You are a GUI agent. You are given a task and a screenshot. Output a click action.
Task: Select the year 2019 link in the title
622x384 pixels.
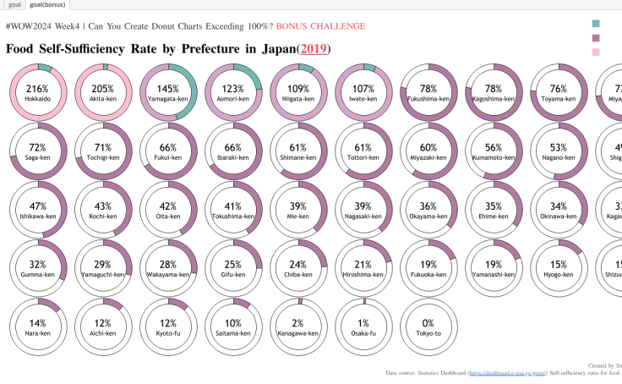(x=314, y=48)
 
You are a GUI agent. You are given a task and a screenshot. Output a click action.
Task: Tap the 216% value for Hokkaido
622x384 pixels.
(x=37, y=88)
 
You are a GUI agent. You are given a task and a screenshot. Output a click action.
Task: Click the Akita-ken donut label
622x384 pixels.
(x=102, y=99)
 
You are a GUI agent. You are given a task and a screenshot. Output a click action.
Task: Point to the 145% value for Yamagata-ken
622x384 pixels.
(x=167, y=88)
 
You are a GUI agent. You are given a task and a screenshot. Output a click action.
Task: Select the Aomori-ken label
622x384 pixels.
(x=232, y=99)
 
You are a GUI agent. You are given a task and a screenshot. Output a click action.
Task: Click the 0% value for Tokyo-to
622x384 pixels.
(x=428, y=323)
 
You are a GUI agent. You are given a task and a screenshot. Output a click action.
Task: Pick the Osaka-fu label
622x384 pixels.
(x=363, y=333)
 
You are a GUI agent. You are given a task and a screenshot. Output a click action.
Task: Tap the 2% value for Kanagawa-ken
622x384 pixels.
(x=297, y=323)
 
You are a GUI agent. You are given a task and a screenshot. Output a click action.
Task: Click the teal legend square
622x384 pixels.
(x=597, y=24)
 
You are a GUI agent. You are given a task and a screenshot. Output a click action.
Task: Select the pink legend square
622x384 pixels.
(x=597, y=52)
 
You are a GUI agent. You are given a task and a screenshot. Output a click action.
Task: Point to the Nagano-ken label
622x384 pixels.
(x=558, y=157)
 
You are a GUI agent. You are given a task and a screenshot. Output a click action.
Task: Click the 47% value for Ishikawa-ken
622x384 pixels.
(x=37, y=206)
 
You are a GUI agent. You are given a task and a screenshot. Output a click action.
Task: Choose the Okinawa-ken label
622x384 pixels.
(x=558, y=217)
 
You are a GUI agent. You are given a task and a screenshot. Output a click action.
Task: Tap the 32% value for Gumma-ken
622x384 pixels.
(x=37, y=264)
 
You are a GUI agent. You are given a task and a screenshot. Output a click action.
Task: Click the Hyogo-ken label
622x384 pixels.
(x=558, y=275)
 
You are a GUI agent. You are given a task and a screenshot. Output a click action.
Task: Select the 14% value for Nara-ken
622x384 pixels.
(x=37, y=323)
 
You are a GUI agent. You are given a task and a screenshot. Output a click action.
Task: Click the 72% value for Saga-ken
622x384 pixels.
(x=37, y=147)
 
